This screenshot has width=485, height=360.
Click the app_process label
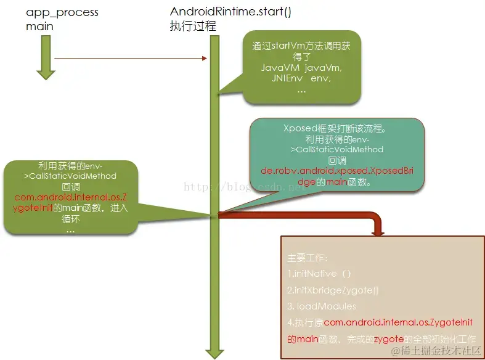pos(62,12)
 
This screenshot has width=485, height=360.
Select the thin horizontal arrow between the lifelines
pos(130,59)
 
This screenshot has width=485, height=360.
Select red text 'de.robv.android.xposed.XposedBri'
pos(337,171)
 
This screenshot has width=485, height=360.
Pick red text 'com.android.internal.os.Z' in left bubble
pos(70,197)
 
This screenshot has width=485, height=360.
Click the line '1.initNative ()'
pos(319,273)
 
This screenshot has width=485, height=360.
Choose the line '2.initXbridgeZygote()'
pos(333,290)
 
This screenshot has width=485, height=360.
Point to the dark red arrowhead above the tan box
pos(378,231)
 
